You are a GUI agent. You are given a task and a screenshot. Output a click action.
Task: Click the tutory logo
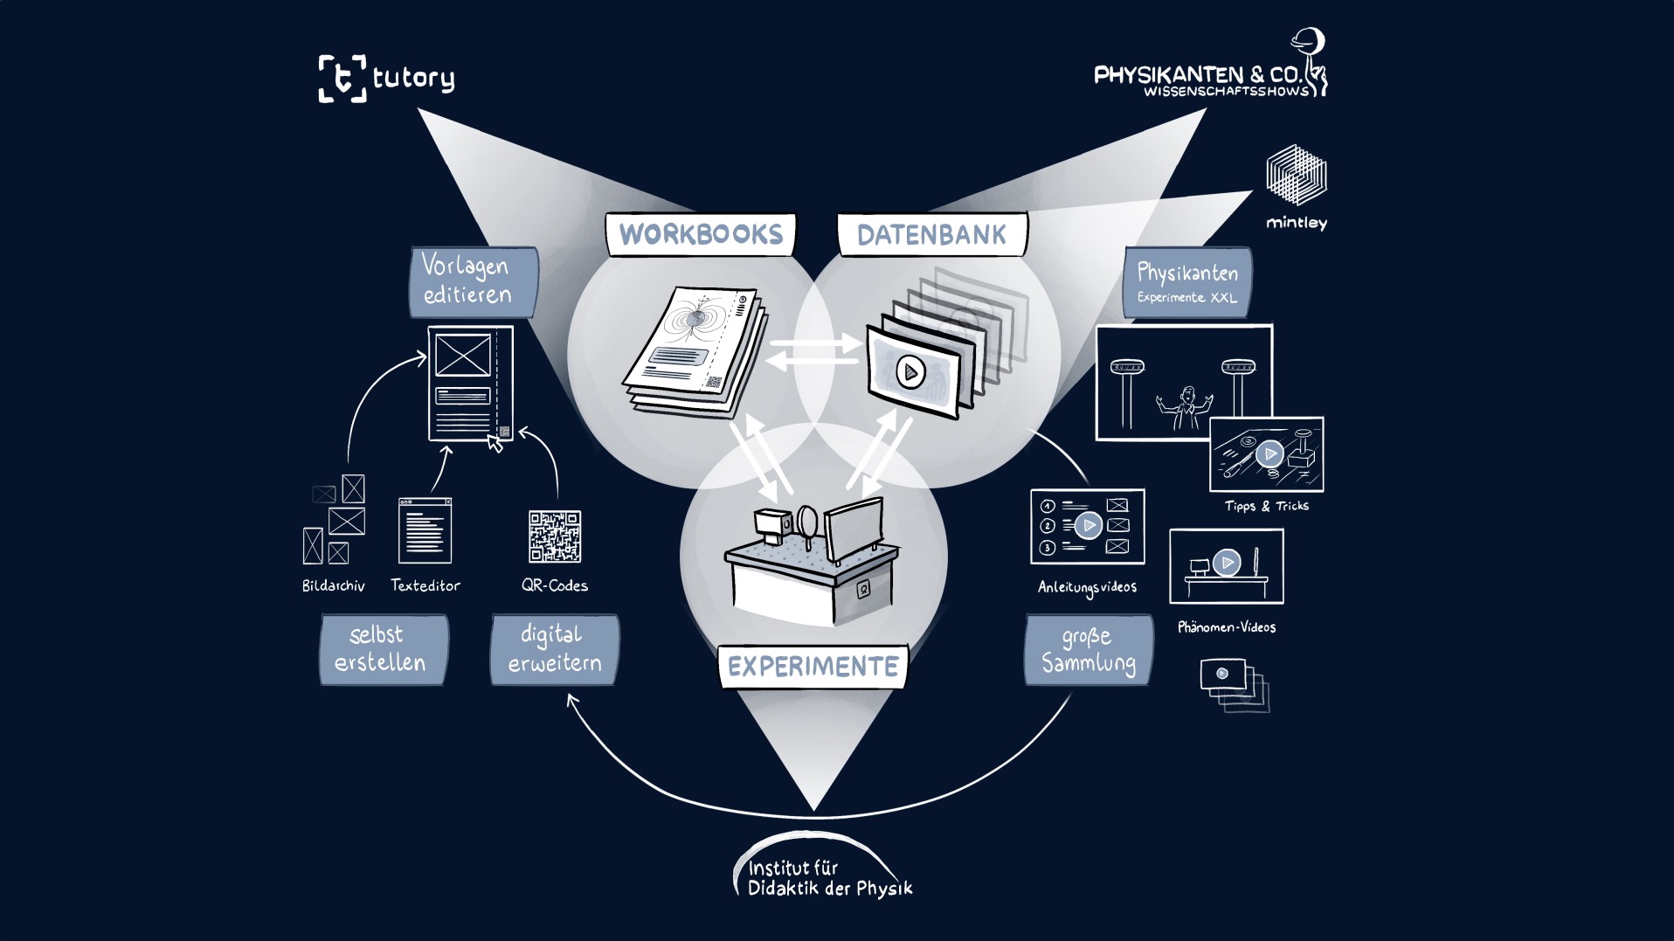[386, 79]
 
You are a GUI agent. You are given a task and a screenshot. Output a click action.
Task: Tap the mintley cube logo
[1297, 176]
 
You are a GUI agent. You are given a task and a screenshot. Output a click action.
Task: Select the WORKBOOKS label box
[701, 235]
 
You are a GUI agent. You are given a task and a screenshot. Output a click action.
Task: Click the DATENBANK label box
[931, 235]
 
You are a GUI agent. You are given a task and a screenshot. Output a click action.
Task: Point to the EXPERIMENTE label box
[813, 667]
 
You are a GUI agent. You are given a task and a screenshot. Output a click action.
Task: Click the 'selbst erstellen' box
[383, 649]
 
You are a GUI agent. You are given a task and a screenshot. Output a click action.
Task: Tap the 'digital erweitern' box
[555, 649]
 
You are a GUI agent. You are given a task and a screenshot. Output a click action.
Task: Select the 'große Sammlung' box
[1089, 649]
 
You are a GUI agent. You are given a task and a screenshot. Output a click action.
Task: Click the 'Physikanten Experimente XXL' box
[1187, 282]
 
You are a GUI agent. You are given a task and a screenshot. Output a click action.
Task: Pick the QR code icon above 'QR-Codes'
[555, 536]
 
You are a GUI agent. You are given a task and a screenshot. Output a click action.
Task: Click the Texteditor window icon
[425, 530]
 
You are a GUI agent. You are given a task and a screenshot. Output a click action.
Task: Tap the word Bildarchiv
[333, 585]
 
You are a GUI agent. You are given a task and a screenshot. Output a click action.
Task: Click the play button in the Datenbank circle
[910, 372]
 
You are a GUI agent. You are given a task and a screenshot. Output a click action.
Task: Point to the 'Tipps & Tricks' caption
[1266, 506]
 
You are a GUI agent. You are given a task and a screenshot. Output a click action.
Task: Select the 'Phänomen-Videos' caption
[1226, 627]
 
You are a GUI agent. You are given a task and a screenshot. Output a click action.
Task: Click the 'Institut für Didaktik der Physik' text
[828, 878]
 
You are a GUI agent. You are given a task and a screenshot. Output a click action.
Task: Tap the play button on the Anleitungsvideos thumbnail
[1089, 525]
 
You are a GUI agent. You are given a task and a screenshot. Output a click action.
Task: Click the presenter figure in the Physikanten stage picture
[1186, 407]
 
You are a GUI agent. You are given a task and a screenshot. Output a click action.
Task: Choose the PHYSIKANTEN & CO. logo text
[1201, 77]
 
